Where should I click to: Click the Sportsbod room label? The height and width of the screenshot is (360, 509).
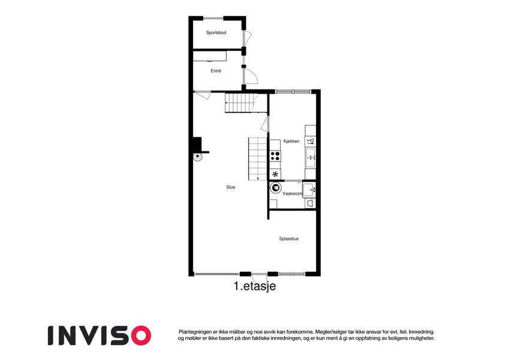[x=216, y=32]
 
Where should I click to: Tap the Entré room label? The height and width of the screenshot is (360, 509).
[x=216, y=71]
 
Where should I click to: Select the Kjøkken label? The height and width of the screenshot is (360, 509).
[x=291, y=142]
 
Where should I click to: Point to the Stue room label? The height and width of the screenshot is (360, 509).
[x=231, y=187]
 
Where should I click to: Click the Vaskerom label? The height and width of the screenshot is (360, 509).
[x=292, y=193]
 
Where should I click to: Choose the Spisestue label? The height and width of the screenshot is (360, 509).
[x=288, y=239]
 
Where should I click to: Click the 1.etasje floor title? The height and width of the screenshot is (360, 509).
[x=254, y=286]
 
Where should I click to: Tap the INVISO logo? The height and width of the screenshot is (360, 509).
[x=100, y=335]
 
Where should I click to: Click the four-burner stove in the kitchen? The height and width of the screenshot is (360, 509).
[x=275, y=156]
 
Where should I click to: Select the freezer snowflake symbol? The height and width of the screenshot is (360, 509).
[x=275, y=174]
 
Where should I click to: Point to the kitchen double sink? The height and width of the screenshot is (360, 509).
[x=311, y=158]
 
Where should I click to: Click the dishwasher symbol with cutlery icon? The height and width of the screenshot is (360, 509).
[x=311, y=141]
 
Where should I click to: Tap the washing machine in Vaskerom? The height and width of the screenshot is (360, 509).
[x=276, y=188]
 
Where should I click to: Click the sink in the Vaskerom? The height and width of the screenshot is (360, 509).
[x=309, y=190]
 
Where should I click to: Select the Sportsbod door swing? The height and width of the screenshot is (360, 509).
[x=248, y=38]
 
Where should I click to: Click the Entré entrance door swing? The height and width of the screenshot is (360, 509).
[x=251, y=77]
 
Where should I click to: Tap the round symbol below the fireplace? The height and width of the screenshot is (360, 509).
[x=197, y=157]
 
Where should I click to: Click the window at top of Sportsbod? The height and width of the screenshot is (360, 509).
[x=213, y=18]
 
